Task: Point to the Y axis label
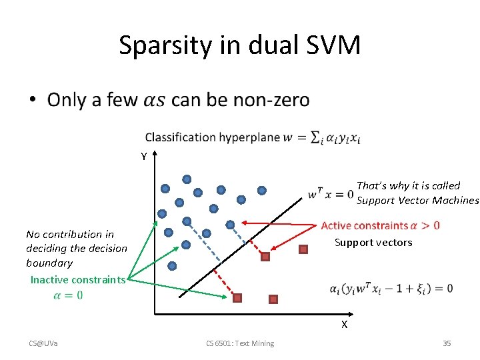pyautogui.click(x=143, y=157)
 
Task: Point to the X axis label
pyautogui.click(x=344, y=325)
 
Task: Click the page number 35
pyautogui.click(x=447, y=343)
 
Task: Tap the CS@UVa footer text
pyautogui.click(x=43, y=343)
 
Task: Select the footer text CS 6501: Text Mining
pyautogui.click(x=240, y=343)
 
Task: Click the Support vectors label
pyautogui.click(x=373, y=242)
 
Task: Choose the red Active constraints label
pyautogui.click(x=363, y=226)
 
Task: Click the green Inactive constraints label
pyautogui.click(x=77, y=280)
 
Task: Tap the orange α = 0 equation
pyautogui.click(x=68, y=295)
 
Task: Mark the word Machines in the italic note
pyautogui.click(x=456, y=200)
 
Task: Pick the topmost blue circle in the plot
pyautogui.click(x=187, y=179)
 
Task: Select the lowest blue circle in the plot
pyautogui.click(x=173, y=265)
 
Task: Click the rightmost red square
pyautogui.click(x=303, y=250)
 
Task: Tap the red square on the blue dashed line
pyautogui.click(x=265, y=256)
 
